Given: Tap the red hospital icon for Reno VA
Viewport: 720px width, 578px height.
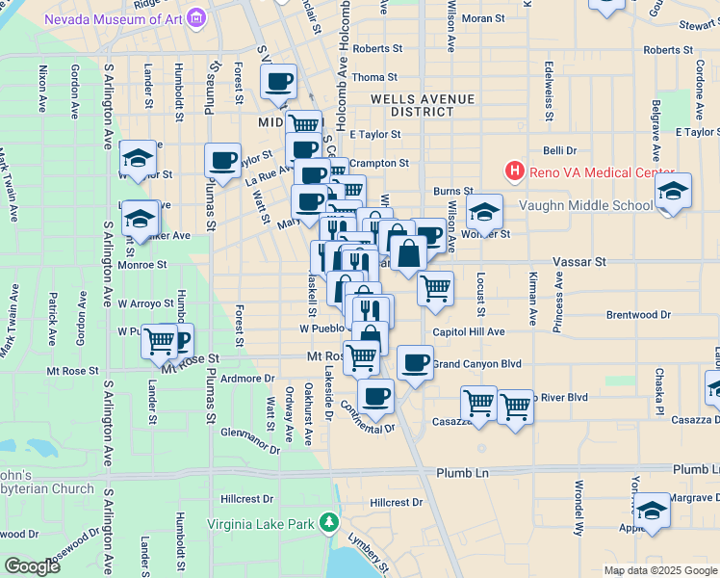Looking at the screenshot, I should click(515, 171).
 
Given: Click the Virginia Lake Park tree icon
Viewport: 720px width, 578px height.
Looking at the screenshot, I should click(330, 523).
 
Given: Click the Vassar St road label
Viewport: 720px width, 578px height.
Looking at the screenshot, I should click(578, 261).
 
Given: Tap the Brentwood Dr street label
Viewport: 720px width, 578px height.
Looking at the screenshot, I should click(638, 315).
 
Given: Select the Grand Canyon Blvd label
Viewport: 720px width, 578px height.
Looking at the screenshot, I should click(476, 364).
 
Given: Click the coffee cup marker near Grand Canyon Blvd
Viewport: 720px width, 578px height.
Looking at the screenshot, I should click(415, 363).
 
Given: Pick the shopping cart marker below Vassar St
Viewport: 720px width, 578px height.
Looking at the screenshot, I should click(436, 287).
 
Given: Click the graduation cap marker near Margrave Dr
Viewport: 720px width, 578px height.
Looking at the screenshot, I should click(653, 512).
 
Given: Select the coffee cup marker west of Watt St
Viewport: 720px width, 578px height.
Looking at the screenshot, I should click(222, 161).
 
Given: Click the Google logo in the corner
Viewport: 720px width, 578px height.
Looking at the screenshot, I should click(32, 565).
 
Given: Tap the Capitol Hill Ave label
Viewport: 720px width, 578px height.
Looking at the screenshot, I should click(469, 331).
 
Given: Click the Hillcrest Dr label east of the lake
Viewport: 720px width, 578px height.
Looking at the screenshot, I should click(397, 503).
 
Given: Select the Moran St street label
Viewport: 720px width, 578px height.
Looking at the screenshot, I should click(482, 18).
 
